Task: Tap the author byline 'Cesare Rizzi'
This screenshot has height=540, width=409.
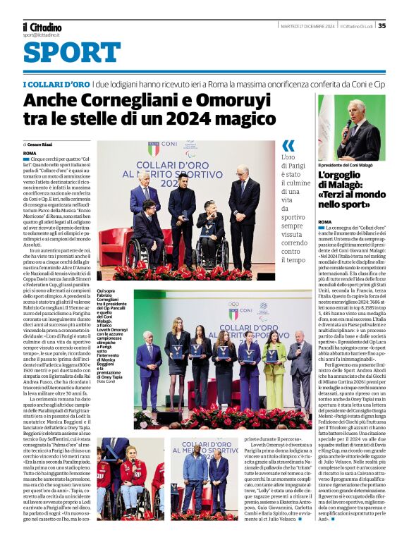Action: pos(41,144)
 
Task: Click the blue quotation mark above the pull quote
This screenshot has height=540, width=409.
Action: pos(288,146)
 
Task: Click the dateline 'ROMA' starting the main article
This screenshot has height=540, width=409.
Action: pos(30,153)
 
